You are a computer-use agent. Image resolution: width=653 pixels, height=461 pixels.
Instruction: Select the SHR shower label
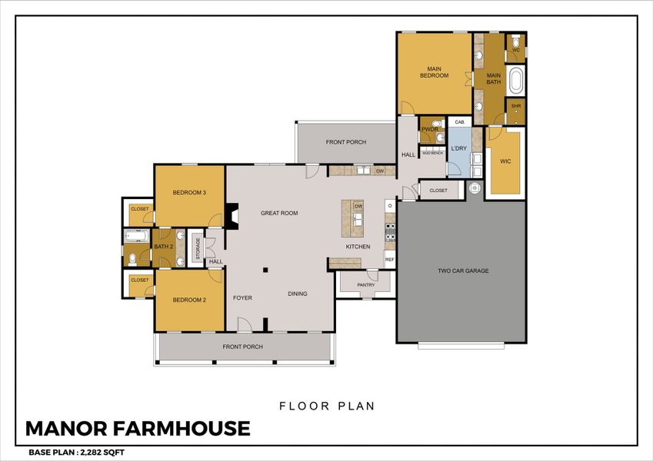click(515, 106)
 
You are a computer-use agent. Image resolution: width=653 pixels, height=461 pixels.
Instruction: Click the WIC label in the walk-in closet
click(505, 161)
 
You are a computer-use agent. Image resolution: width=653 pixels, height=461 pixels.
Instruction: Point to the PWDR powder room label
click(428, 130)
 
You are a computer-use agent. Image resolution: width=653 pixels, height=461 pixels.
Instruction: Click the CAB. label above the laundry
click(460, 122)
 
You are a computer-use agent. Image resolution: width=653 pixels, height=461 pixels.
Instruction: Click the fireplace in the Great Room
click(232, 217)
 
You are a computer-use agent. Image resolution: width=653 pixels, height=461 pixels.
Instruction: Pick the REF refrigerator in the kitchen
click(389, 260)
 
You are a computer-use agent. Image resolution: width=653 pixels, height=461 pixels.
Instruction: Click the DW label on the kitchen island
click(358, 207)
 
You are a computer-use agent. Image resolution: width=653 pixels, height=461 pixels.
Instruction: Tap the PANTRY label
click(366, 285)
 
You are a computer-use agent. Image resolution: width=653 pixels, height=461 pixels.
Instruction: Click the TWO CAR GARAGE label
click(463, 270)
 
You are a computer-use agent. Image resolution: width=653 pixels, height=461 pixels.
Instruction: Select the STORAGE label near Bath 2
click(198, 247)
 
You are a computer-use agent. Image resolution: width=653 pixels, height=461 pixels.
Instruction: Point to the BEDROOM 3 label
click(189, 192)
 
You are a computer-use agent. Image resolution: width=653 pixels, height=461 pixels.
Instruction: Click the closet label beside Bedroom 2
click(139, 280)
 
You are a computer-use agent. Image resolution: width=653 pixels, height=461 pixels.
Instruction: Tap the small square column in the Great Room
click(265, 270)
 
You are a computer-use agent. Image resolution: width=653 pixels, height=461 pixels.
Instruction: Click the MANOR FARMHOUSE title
click(138, 428)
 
